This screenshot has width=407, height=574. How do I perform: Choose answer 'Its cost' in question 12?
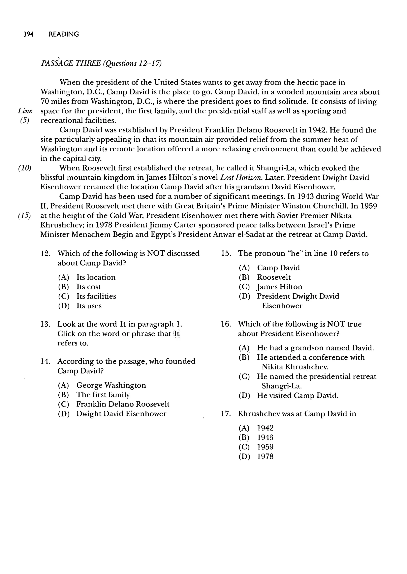point(88,287)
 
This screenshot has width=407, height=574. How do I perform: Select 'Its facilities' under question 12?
point(96,296)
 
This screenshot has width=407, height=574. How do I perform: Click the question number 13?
point(45,324)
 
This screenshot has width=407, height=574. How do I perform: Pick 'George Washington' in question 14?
point(111,385)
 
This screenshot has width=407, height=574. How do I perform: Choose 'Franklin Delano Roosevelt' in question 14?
point(123,404)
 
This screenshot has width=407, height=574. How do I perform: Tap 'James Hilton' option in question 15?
point(280,287)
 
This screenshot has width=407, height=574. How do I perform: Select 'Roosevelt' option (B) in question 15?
point(274,277)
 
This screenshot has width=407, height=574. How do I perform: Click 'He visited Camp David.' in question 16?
point(297,395)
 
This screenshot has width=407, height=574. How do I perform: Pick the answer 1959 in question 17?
point(265,447)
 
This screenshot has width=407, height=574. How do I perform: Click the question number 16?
point(226,324)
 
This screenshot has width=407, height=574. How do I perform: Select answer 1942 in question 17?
point(265,428)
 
